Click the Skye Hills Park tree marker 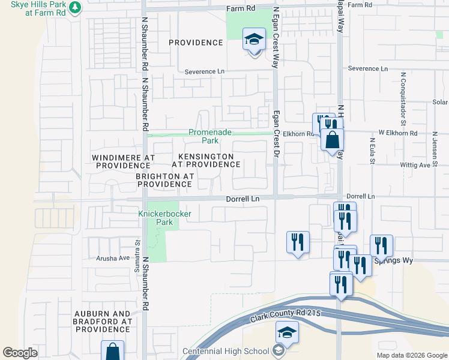point(74,8)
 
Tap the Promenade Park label point(202,137)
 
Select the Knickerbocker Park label point(155,217)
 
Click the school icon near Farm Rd point(254,40)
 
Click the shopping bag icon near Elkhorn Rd point(332,140)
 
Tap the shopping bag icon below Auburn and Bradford point(112,352)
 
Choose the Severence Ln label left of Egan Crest point(204,71)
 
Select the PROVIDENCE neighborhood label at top point(196,43)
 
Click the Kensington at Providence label point(202,160)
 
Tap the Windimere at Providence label point(124,161)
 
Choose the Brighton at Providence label point(163,181)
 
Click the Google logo point(20,353)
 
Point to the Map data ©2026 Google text point(411,355)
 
